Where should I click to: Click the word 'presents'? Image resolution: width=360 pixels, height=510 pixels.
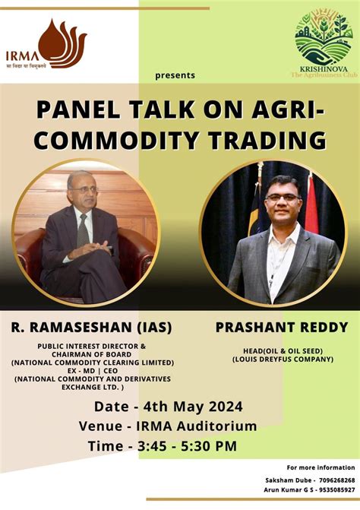[x=175, y=75]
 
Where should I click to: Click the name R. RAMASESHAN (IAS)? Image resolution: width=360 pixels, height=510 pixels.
[x=91, y=328]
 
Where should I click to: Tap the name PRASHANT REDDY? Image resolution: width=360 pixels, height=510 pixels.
[x=271, y=328]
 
